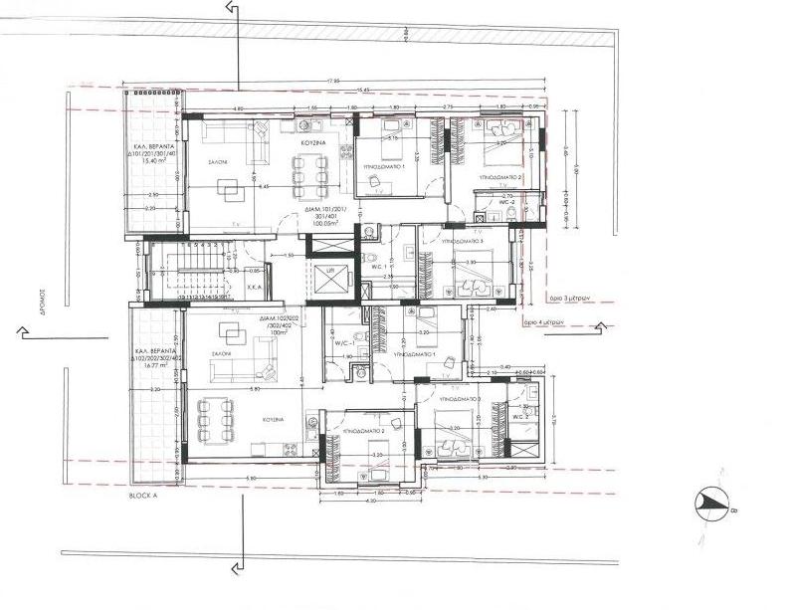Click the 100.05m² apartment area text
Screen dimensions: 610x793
point(324,225)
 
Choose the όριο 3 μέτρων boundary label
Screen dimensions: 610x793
point(543,298)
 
